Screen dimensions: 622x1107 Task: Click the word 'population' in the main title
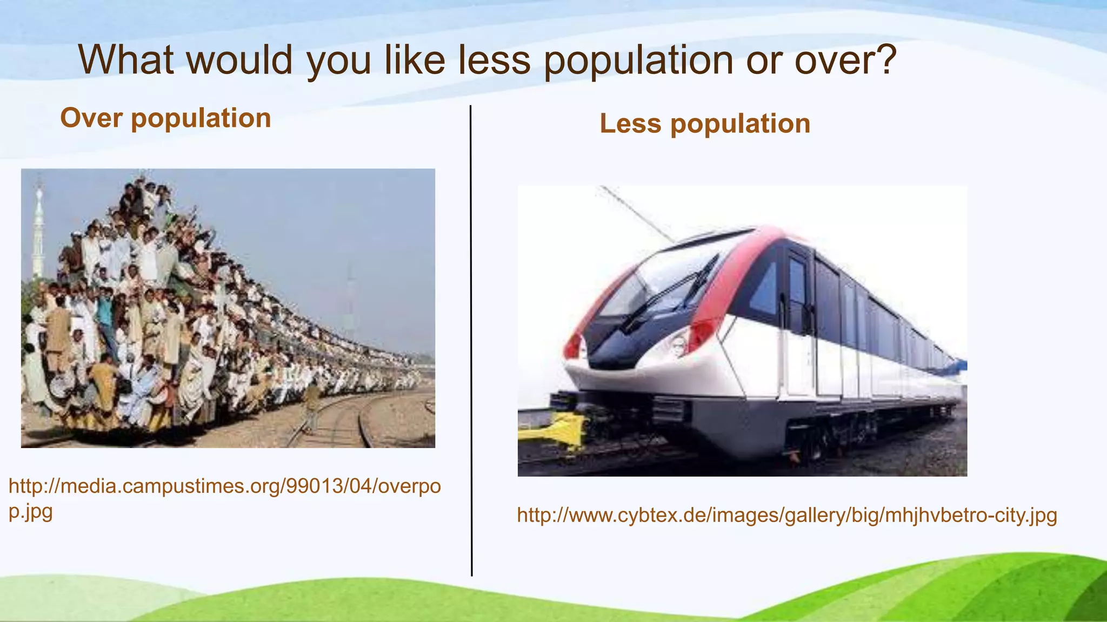click(638, 60)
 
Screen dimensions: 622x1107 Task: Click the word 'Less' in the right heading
click(630, 124)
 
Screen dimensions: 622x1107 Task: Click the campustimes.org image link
click(224, 487)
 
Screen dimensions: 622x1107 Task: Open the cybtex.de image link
click(786, 515)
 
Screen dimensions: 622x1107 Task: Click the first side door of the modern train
click(797, 324)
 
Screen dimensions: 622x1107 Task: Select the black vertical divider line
click(471, 340)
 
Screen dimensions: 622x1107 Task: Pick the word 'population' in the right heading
click(740, 124)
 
